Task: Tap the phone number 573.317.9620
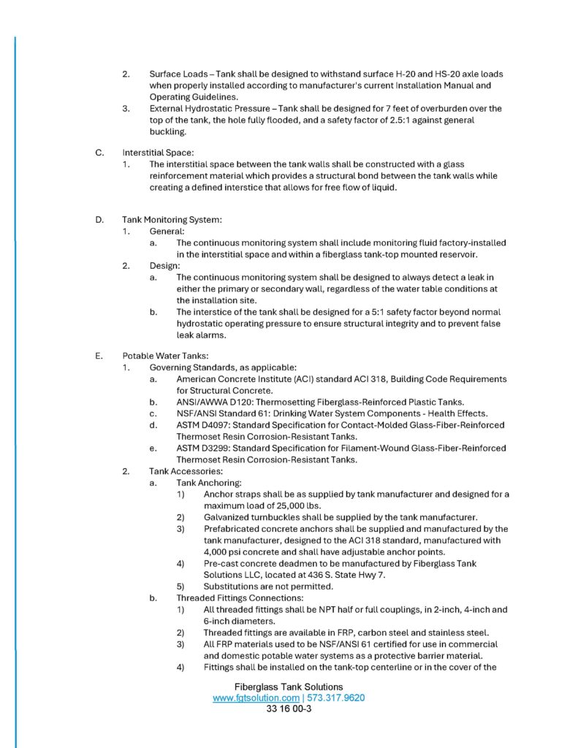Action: pyautogui.click(x=335, y=698)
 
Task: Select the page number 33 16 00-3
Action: pyautogui.click(x=289, y=709)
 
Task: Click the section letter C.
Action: pyautogui.click(x=98, y=153)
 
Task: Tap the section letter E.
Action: pyautogui.click(x=98, y=356)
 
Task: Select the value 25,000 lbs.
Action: pyautogui.click(x=295, y=505)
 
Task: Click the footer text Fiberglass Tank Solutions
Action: pyautogui.click(x=289, y=687)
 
